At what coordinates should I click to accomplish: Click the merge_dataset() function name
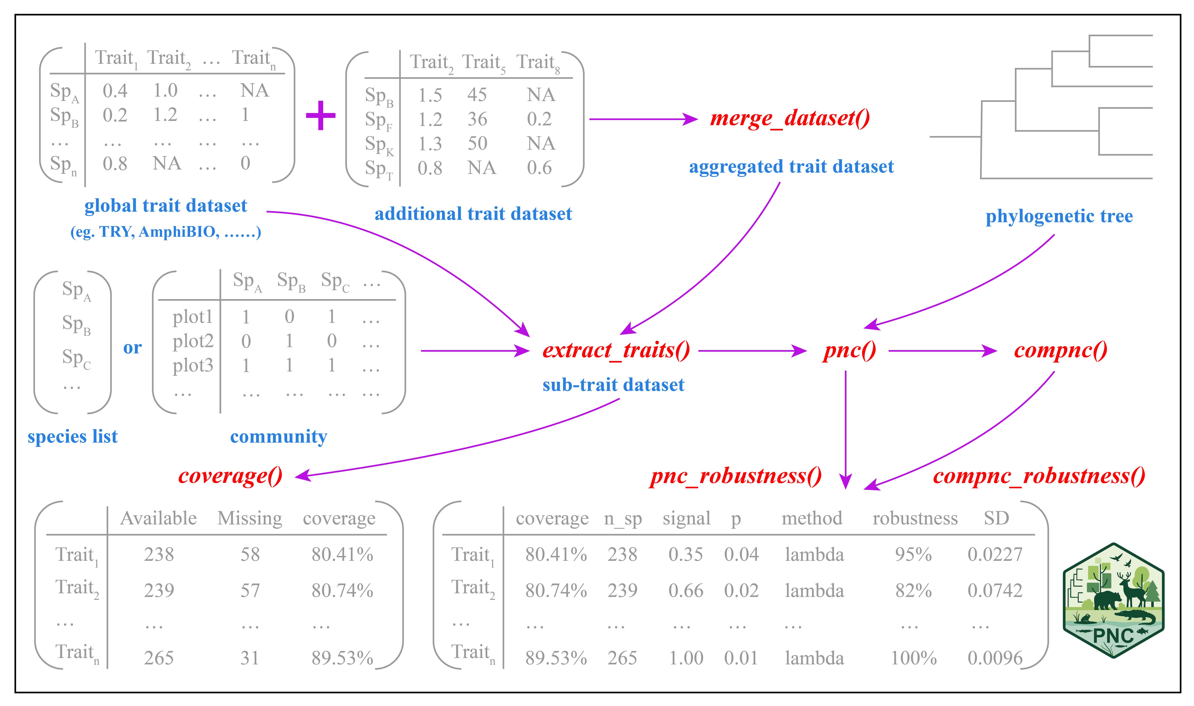tap(790, 118)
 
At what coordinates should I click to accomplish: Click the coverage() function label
tap(230, 475)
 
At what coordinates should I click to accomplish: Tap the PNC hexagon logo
tap(1113, 600)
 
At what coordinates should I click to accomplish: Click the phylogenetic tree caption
tap(1059, 216)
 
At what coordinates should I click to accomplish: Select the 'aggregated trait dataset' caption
tap(791, 167)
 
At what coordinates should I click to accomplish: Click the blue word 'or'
tap(132, 348)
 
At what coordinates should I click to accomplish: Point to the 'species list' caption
tap(72, 436)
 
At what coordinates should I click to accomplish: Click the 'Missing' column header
tap(250, 518)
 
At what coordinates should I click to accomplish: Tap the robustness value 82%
tap(913, 590)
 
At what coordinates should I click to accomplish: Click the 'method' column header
tap(811, 518)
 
